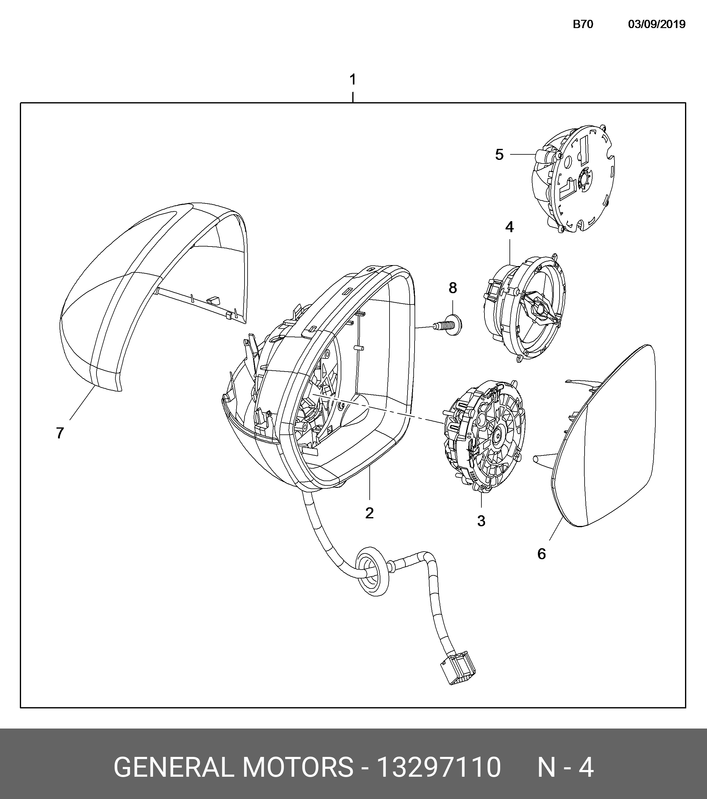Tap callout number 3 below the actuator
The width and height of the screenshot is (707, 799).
point(481,521)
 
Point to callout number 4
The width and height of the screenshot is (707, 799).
point(509,227)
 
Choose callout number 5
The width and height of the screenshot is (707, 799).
point(499,155)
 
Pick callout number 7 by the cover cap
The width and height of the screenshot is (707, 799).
point(60,433)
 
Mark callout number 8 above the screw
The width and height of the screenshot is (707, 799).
point(453,288)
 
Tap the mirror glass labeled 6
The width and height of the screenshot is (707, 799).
point(610,442)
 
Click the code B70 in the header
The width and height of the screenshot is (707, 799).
point(583,24)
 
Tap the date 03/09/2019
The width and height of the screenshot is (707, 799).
point(657,24)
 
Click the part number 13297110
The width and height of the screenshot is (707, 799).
point(438,767)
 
